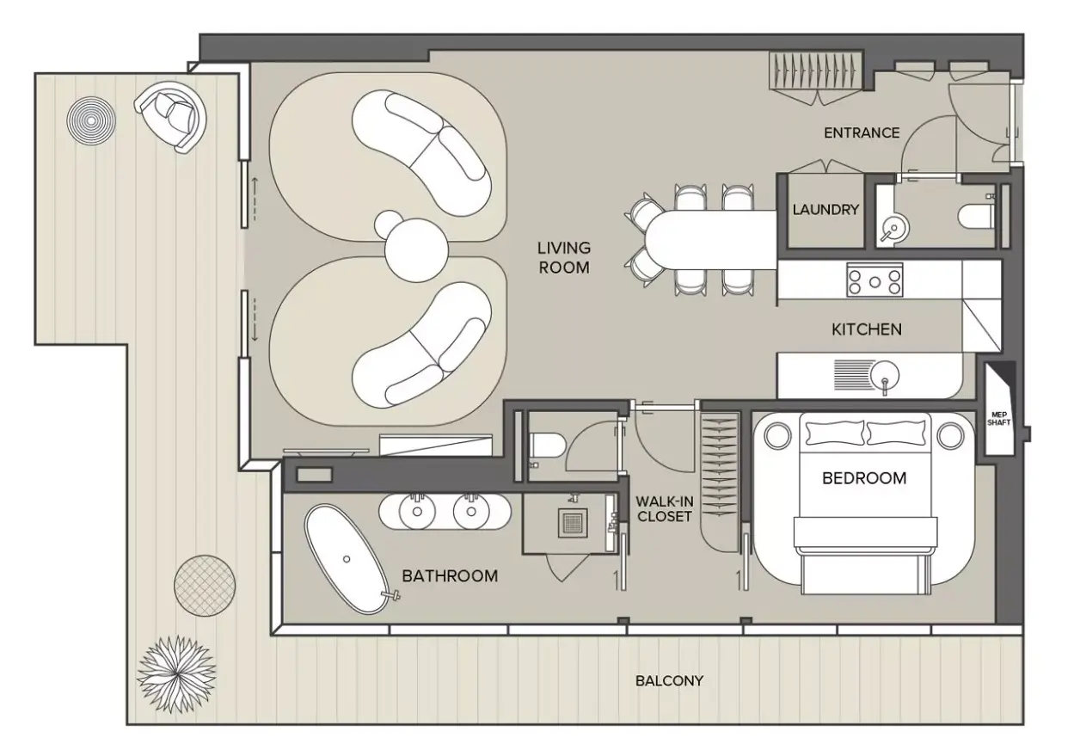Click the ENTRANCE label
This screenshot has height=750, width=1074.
click(862, 132)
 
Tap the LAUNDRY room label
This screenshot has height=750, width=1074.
click(825, 210)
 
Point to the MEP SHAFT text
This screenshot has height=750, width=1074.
click(999, 418)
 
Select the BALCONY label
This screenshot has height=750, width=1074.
click(669, 681)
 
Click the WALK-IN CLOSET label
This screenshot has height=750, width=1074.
click(664, 509)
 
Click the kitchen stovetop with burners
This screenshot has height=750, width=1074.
click(875, 280)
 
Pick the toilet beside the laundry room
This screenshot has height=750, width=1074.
click(977, 216)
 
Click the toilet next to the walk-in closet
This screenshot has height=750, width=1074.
click(546, 445)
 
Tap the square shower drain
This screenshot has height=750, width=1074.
click(573, 523)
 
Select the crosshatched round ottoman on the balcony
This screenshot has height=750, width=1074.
click(205, 586)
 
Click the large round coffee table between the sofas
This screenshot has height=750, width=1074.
click(416, 249)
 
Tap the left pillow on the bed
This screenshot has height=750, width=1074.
click(835, 433)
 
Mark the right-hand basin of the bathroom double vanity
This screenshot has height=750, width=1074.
click(471, 512)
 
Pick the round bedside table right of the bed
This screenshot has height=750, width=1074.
click(951, 436)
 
